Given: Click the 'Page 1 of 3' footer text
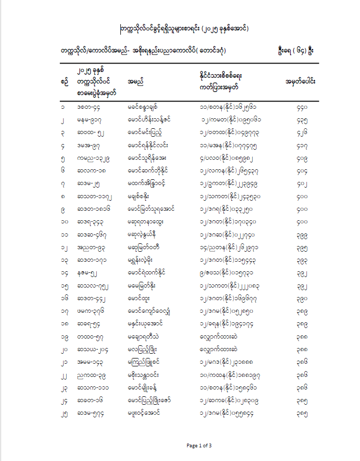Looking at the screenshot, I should click(199, 446).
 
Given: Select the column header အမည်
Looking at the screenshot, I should click(136, 81).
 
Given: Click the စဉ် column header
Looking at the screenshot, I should click(65, 81).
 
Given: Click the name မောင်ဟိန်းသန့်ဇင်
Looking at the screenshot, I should click(149, 120).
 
